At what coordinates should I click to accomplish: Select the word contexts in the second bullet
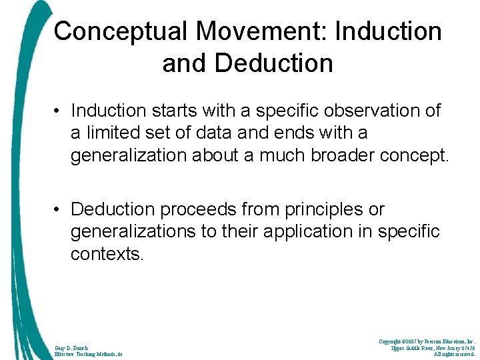click(107, 255)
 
